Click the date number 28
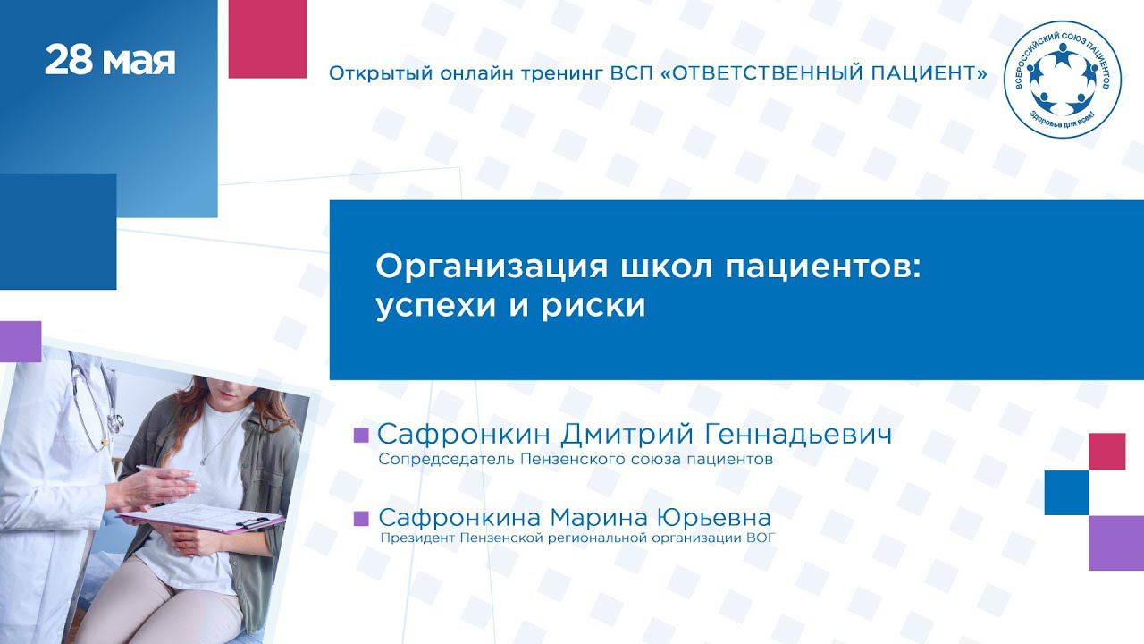(x=69, y=61)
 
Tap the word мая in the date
(x=139, y=63)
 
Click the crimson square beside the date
(x=267, y=38)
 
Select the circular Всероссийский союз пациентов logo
(x=1063, y=79)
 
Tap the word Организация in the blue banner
(x=492, y=267)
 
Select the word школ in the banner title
(x=666, y=267)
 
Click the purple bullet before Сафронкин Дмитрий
(x=361, y=435)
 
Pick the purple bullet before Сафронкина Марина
(x=361, y=518)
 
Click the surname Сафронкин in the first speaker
(x=464, y=435)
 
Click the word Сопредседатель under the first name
(x=446, y=460)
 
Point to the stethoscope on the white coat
(x=97, y=403)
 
